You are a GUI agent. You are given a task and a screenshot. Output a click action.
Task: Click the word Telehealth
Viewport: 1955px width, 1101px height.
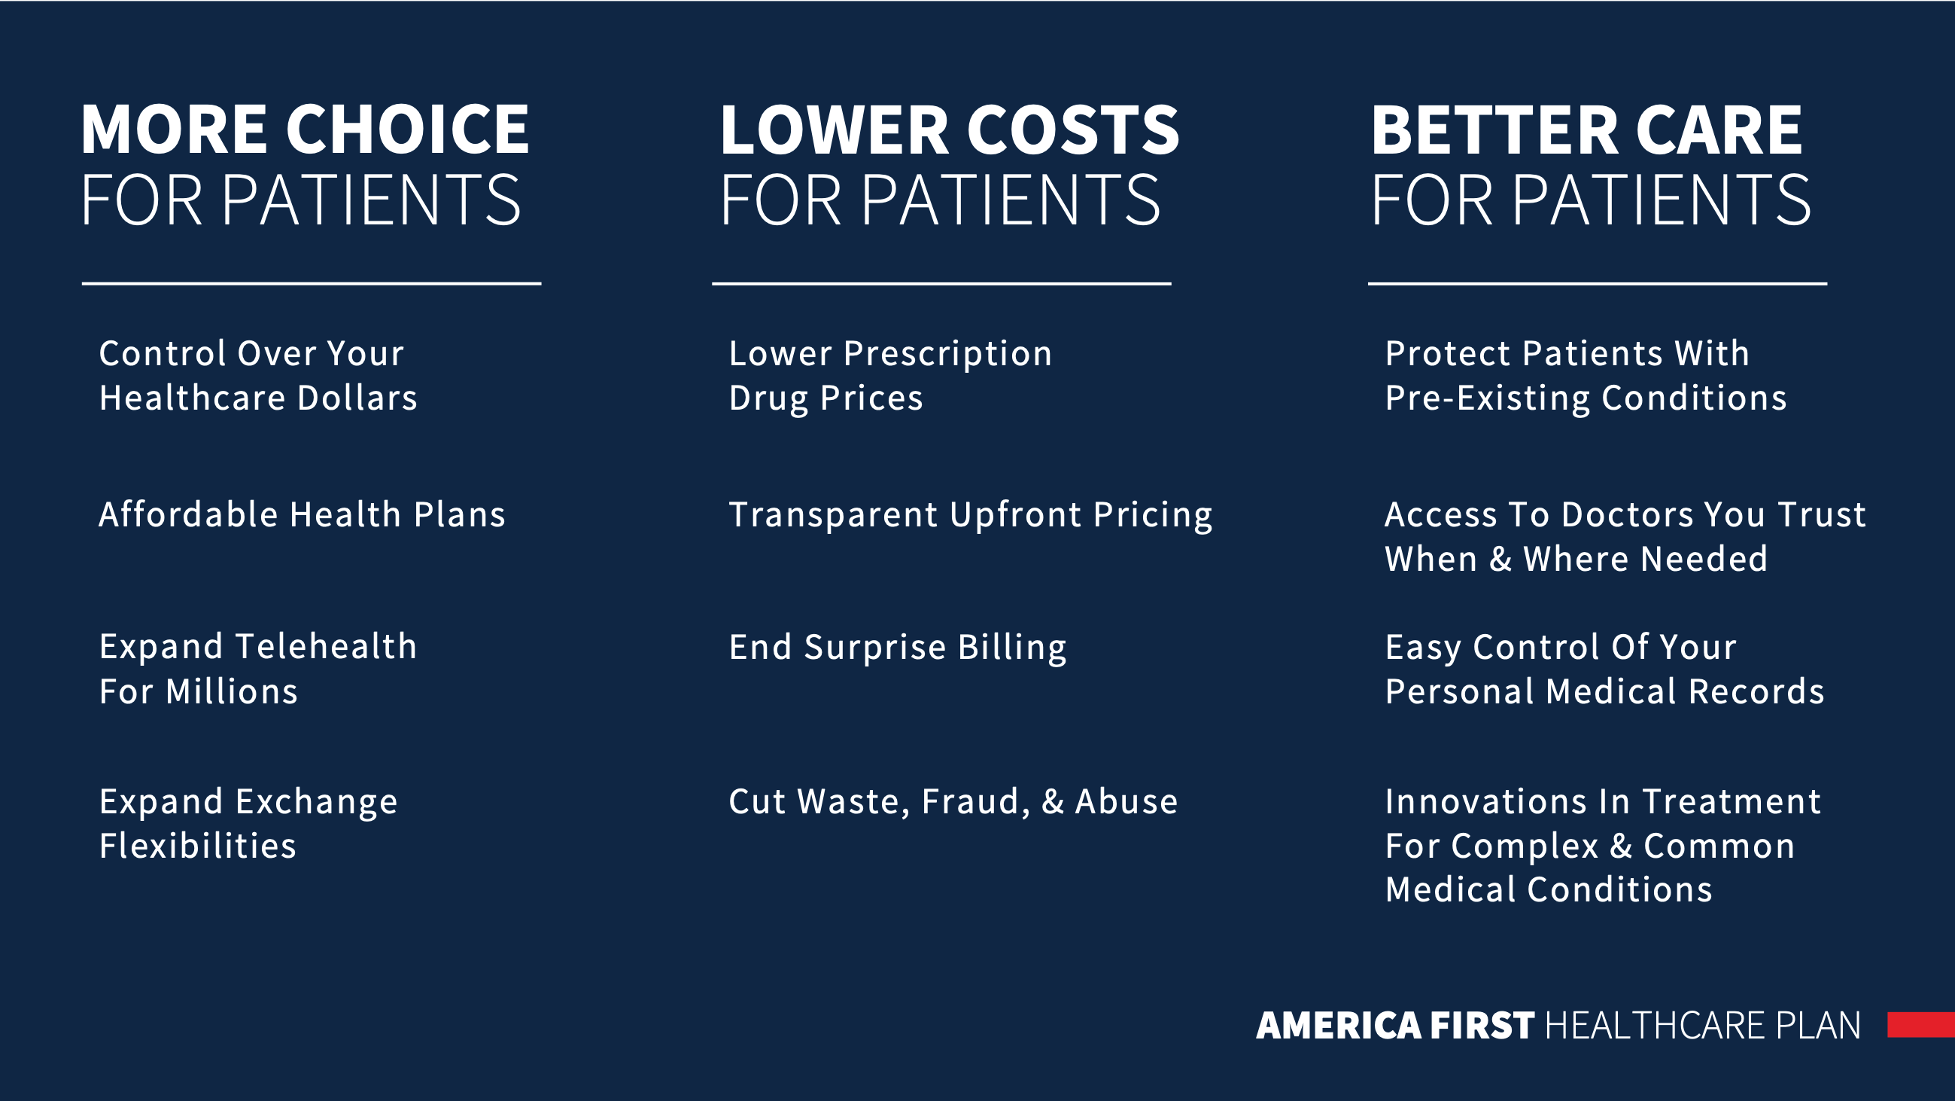pos(327,646)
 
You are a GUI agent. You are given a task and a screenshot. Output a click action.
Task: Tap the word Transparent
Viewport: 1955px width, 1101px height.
pos(833,515)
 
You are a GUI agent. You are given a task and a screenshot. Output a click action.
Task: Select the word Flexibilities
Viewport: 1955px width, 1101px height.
pos(197,845)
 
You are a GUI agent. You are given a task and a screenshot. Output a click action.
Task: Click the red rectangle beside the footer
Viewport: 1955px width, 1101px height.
pos(1921,1024)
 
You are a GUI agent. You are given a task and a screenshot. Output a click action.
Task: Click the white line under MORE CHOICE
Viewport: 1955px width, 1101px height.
pos(312,284)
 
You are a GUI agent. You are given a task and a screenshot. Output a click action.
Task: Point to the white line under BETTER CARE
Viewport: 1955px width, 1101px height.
pos(1598,284)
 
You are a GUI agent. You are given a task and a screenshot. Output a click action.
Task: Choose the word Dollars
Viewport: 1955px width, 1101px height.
pos(357,398)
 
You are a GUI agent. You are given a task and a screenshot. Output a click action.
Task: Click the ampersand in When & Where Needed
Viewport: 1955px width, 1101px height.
pos(1500,559)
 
